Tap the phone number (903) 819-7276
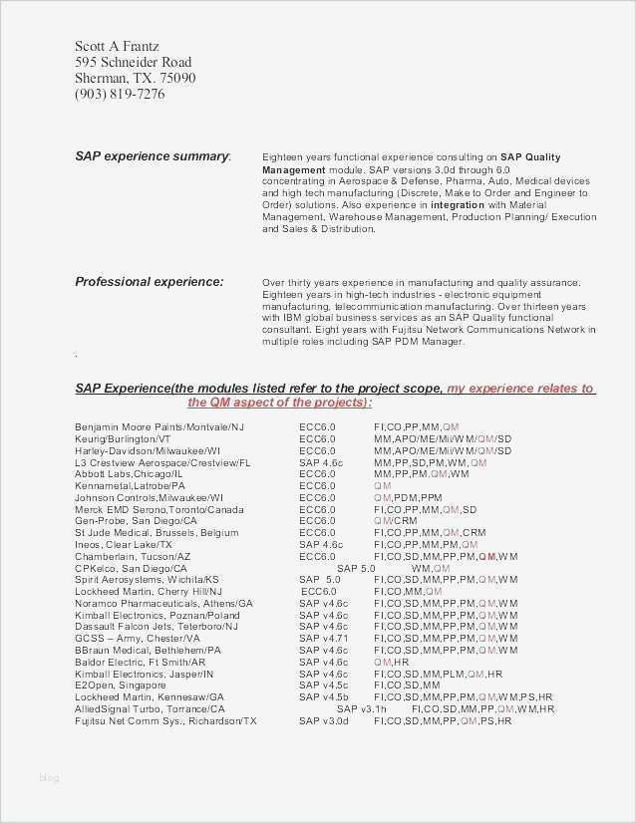click(x=120, y=95)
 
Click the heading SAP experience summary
click(x=153, y=156)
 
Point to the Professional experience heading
click(x=150, y=282)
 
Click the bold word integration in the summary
click(x=457, y=204)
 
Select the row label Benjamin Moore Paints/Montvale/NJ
click(x=159, y=426)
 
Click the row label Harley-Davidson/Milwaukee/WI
click(x=148, y=450)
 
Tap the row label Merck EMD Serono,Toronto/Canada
click(x=159, y=509)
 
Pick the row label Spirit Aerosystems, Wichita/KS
click(x=147, y=579)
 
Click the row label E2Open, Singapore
click(x=121, y=686)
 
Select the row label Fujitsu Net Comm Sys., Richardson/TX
click(x=165, y=720)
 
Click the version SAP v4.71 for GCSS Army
click(x=323, y=638)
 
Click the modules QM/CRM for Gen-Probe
click(x=396, y=521)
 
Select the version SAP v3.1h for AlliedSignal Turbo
click(x=372, y=708)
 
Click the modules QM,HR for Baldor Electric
click(x=392, y=662)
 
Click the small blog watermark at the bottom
click(x=49, y=777)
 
